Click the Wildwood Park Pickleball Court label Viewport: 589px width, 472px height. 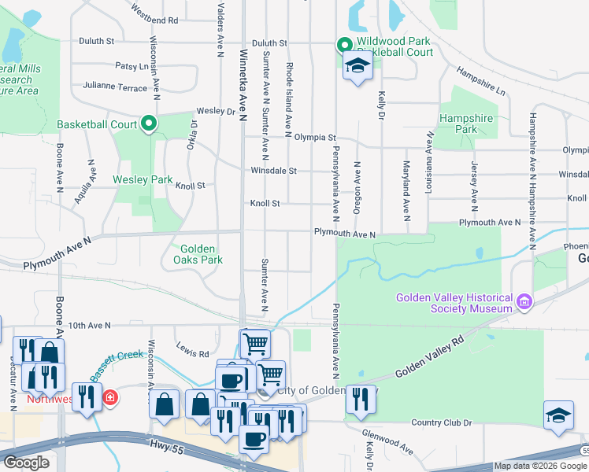coord(395,46)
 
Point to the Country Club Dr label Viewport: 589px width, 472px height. coord(441,422)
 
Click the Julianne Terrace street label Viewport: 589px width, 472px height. coord(114,87)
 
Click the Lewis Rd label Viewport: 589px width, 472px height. coord(192,354)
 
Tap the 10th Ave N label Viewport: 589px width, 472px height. coord(88,324)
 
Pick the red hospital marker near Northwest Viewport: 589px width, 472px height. coord(111,397)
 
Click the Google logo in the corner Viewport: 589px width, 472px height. coord(27,463)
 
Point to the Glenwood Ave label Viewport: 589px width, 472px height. coord(387,441)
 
